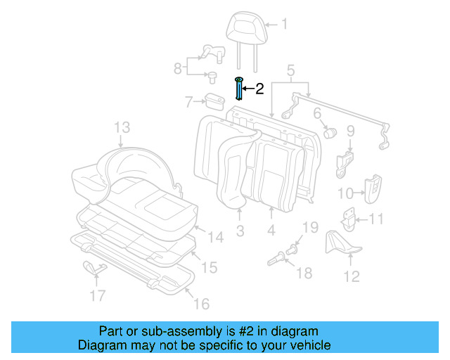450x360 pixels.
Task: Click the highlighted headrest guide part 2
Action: click(x=239, y=90)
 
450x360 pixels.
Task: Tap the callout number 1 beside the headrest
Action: click(x=284, y=25)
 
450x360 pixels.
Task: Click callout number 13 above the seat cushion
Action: click(x=122, y=127)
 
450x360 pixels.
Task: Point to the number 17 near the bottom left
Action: click(x=98, y=296)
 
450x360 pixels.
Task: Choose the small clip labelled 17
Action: click(x=93, y=267)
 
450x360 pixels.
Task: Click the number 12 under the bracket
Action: click(x=352, y=276)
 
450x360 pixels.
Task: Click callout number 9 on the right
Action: click(x=350, y=130)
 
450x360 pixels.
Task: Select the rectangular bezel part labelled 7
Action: click(x=214, y=102)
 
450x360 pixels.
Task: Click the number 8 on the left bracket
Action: click(x=178, y=68)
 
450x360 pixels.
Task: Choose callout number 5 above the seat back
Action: click(x=290, y=70)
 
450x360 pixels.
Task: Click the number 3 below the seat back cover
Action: click(x=240, y=231)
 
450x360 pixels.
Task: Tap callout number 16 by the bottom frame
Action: click(x=201, y=304)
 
